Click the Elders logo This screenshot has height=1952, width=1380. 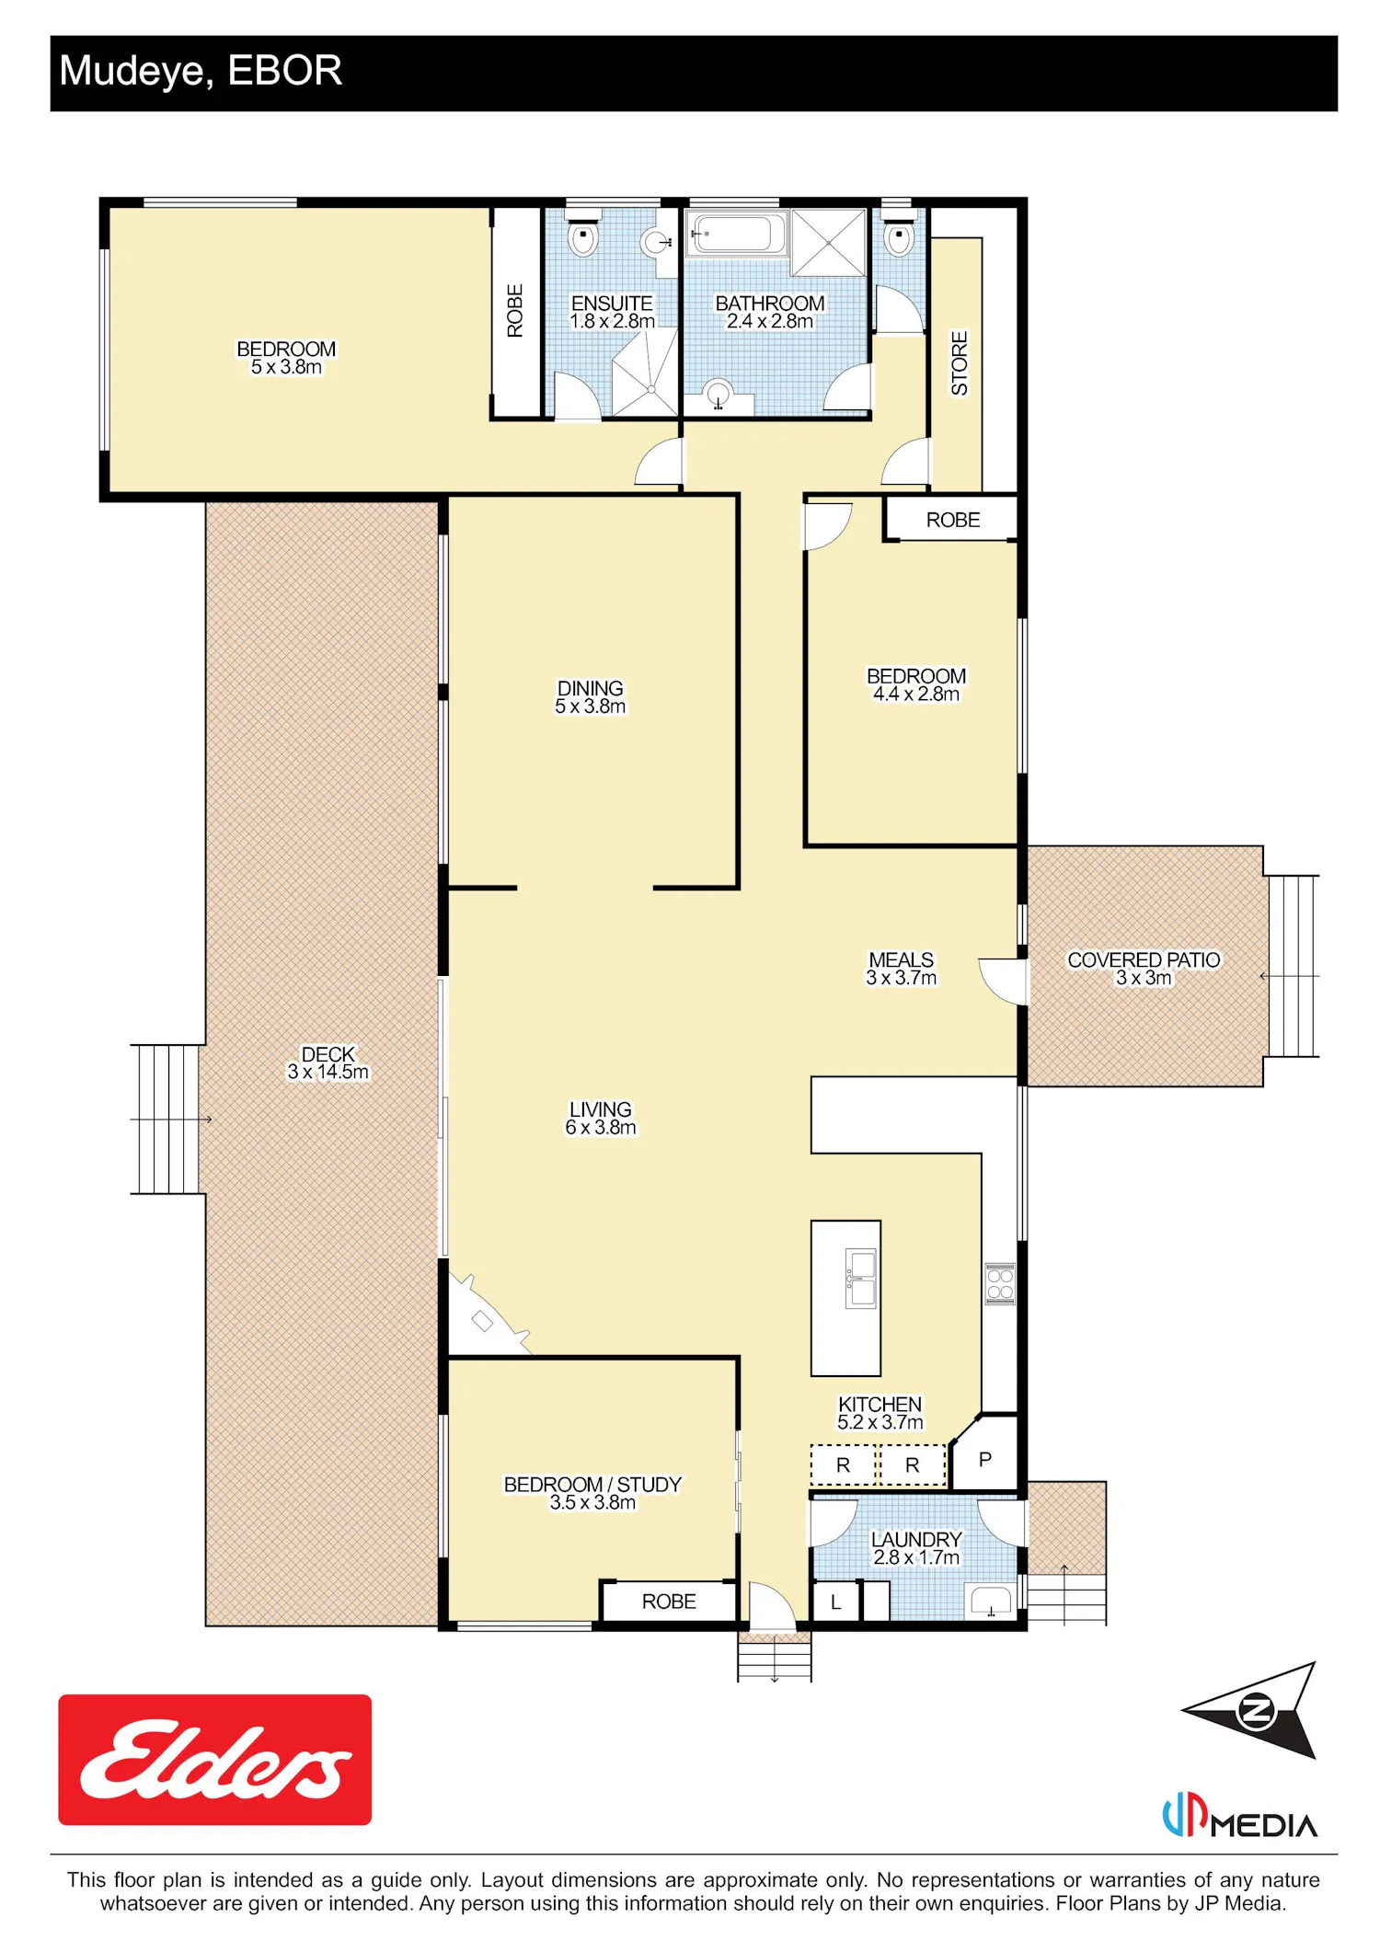point(214,1759)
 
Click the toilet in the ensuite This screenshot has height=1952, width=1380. point(582,236)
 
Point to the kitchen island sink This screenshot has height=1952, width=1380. point(861,1279)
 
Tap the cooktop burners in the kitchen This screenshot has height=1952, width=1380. point(1000,1284)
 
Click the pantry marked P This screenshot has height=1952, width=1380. point(985,1453)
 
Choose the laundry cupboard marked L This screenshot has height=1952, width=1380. point(836,1602)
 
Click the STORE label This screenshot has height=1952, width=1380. point(960,363)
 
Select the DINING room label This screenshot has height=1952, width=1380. point(590,688)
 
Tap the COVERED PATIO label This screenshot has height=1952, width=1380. point(1144,959)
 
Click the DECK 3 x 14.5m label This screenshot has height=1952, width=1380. point(328,1062)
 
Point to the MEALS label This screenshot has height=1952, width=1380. point(901,959)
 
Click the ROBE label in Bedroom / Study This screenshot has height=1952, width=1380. point(669,1602)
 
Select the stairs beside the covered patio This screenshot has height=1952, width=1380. point(1293,966)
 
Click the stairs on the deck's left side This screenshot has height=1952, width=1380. point(167,1119)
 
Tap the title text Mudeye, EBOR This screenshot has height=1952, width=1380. point(201,71)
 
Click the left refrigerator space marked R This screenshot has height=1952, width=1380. point(843,1465)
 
